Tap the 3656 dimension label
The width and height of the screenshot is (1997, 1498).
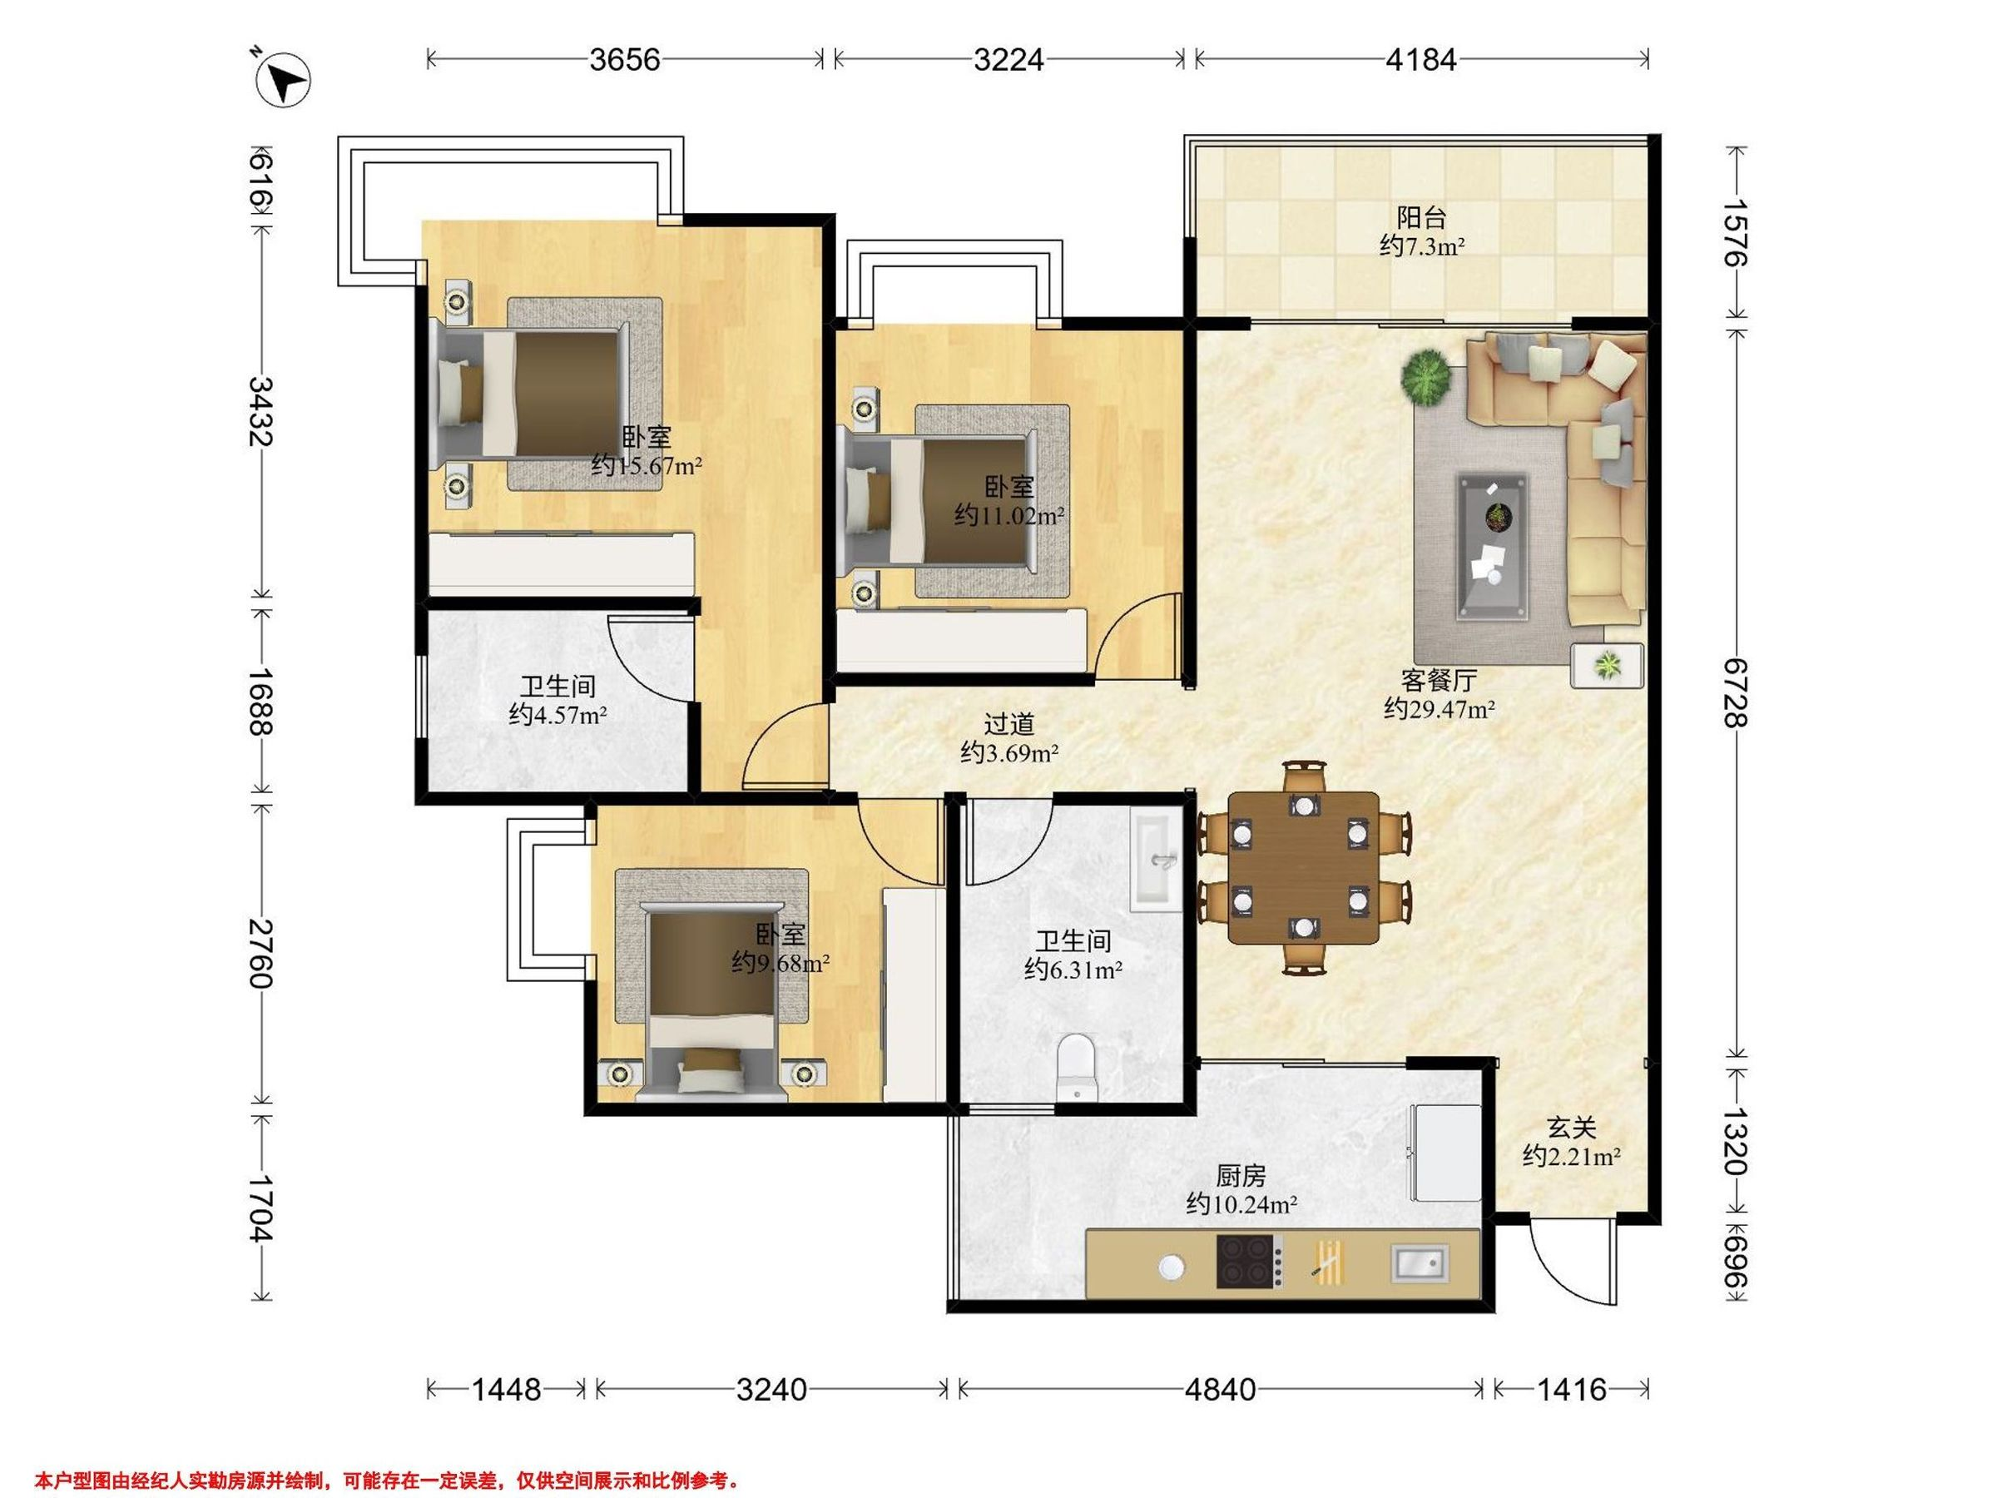pyautogui.click(x=625, y=60)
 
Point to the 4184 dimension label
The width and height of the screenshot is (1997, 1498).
pyautogui.click(x=1421, y=60)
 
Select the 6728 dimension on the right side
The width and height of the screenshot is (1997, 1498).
pyautogui.click(x=1734, y=692)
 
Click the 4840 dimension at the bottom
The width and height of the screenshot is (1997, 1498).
pyautogui.click(x=1220, y=1389)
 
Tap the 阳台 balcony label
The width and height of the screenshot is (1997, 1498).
pyautogui.click(x=1422, y=217)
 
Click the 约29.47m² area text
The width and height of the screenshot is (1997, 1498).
pyautogui.click(x=1439, y=709)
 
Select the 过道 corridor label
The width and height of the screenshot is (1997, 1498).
pyautogui.click(x=1008, y=724)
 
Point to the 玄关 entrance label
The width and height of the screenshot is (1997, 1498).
pyautogui.click(x=1572, y=1128)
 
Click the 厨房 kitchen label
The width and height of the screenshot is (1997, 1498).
pyautogui.click(x=1241, y=1176)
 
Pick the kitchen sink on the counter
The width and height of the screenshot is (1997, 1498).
pyautogui.click(x=1420, y=1262)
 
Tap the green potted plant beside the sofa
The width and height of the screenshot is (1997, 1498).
pyautogui.click(x=1425, y=379)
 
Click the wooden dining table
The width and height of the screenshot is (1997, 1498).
pyautogui.click(x=1305, y=868)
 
